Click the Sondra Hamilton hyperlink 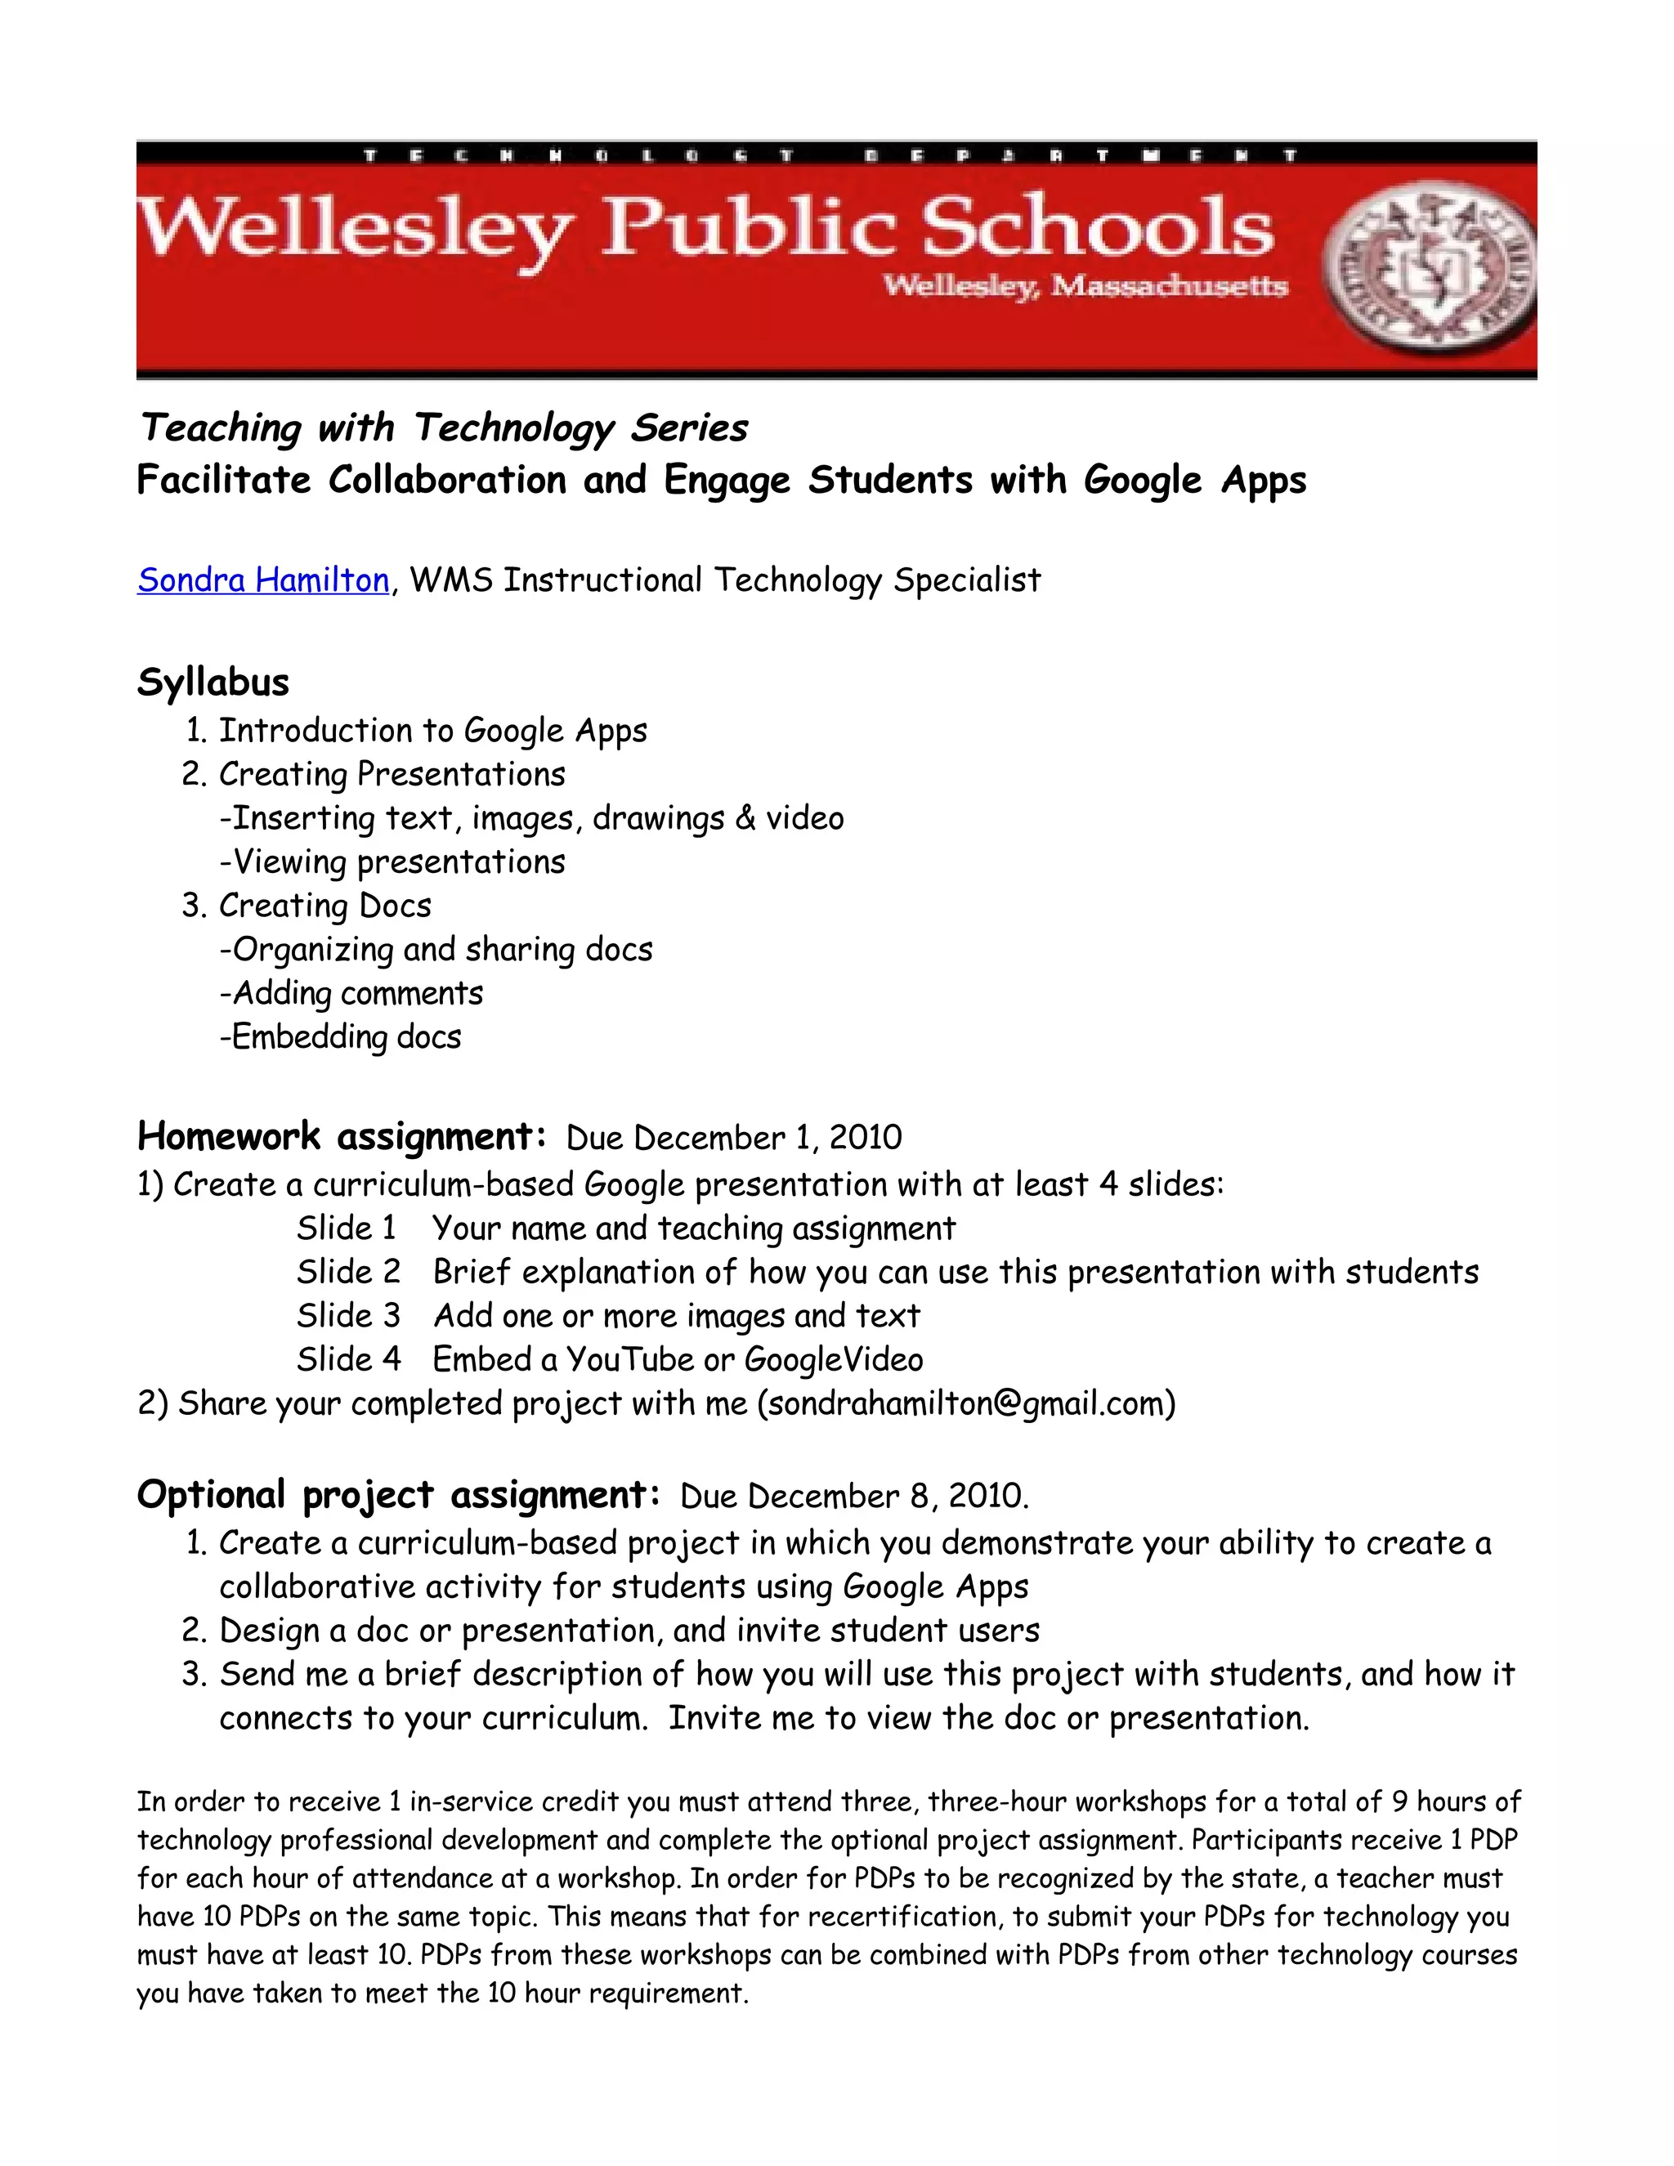point(263,580)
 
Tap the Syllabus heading point(213,682)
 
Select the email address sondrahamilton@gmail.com point(966,1403)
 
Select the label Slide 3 point(348,1316)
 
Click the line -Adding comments point(351,994)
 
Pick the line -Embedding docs point(340,1037)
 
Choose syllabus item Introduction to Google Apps point(432,731)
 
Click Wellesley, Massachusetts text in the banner point(1085,287)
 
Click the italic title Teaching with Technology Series point(443,428)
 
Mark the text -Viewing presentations point(392,861)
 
